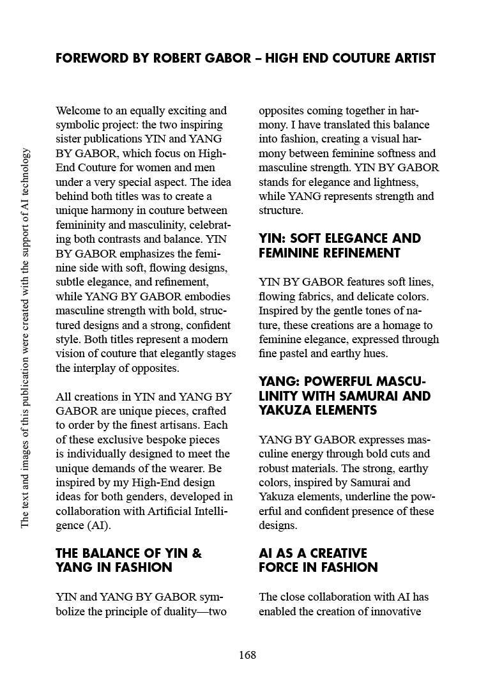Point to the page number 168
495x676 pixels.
click(x=247, y=655)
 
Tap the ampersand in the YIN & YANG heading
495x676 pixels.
click(x=197, y=553)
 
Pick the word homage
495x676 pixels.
click(x=402, y=325)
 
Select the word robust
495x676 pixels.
click(x=275, y=468)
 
